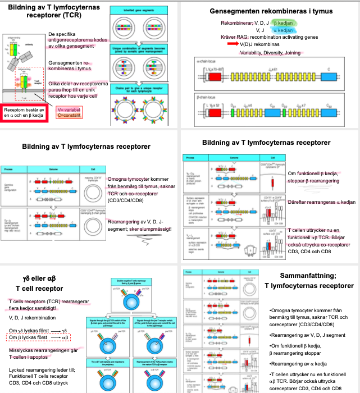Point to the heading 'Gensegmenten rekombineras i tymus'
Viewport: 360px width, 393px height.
(x=271, y=11)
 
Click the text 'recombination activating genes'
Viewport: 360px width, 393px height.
(x=291, y=37)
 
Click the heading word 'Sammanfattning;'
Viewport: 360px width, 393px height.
(x=309, y=275)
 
